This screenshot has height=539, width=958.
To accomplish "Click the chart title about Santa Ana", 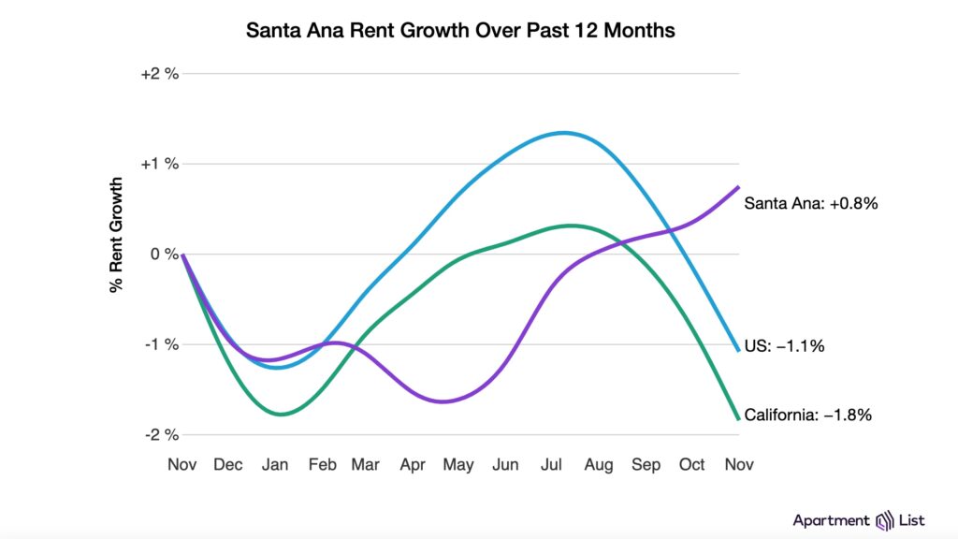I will click(459, 30).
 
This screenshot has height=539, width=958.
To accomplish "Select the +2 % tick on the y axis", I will click(159, 74).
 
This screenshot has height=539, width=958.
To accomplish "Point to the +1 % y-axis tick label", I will click(159, 164).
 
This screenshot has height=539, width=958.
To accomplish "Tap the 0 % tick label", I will click(164, 255).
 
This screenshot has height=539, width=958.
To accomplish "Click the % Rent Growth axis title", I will click(117, 234).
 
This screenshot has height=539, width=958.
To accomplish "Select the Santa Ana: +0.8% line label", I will click(810, 202).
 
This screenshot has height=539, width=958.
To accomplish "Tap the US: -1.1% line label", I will click(784, 346).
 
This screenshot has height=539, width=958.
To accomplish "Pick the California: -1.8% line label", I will click(807, 415).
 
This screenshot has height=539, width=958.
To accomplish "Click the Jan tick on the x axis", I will click(275, 464).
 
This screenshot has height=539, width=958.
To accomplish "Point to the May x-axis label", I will click(458, 464).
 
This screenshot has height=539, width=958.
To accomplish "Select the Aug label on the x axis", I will click(599, 464).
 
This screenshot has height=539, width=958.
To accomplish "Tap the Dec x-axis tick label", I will click(228, 464).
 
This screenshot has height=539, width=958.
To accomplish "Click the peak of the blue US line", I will click(562, 132).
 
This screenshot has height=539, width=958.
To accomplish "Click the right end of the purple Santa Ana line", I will click(738, 187).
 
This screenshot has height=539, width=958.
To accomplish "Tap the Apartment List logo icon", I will click(885, 520).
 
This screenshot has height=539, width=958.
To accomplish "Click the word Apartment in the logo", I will click(832, 520).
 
